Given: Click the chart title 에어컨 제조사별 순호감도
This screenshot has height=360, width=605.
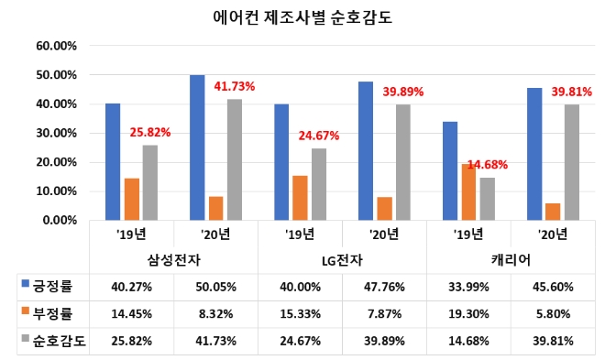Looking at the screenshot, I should pyautogui.click(x=302, y=17).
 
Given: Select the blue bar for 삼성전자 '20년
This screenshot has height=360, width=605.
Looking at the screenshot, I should pyautogui.click(x=196, y=147).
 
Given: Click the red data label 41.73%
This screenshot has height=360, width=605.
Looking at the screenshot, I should pyautogui.click(x=234, y=87).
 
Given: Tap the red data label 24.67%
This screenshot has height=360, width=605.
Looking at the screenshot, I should pyautogui.click(x=318, y=136).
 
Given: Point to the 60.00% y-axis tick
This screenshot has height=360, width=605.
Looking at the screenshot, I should pyautogui.click(x=58, y=46).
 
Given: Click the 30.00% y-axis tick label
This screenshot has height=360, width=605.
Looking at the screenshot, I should pyautogui.click(x=58, y=133).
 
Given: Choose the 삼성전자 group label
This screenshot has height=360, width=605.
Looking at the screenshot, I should pyautogui.click(x=173, y=259).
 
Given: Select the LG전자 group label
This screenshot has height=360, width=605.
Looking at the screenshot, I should pyautogui.click(x=341, y=259).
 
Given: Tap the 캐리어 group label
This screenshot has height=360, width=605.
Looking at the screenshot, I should pyautogui.click(x=511, y=259).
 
